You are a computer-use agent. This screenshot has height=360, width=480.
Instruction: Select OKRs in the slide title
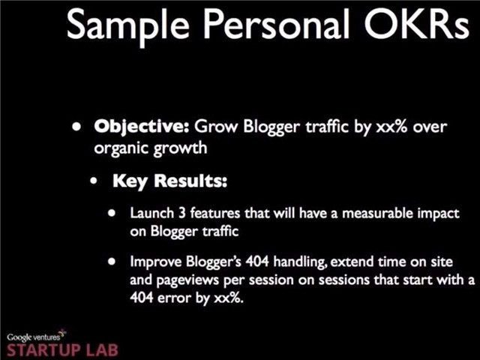click(416, 24)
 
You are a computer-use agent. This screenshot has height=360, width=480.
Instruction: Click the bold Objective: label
click(142, 127)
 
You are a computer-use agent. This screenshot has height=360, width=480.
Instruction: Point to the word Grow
click(215, 126)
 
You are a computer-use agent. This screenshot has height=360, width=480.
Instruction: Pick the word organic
click(121, 149)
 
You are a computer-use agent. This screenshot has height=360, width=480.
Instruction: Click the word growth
click(180, 148)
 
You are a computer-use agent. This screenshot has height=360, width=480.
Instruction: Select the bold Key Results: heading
click(170, 181)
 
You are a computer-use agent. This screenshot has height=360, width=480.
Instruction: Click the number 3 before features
click(182, 213)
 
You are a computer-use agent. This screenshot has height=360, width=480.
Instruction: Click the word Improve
click(155, 262)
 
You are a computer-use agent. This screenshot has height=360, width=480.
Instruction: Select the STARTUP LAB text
click(62, 350)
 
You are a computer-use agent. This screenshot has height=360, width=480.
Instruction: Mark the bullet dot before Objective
click(76, 127)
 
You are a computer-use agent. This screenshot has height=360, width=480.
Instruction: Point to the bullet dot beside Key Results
click(94, 181)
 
